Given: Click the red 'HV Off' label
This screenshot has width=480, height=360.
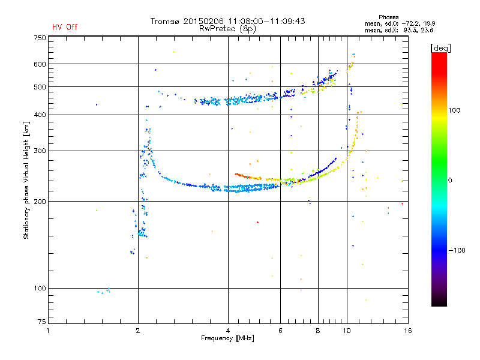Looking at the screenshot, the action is pos(65,27).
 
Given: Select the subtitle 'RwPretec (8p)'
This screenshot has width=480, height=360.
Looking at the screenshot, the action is pos(227,29).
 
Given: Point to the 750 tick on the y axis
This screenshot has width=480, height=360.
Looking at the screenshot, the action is pos(40,38).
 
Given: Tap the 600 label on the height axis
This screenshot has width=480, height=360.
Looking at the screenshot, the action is pos(40,64).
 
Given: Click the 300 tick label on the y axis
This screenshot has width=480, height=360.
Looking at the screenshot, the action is pos(40,151).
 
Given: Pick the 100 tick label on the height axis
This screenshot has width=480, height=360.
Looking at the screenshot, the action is pos(40,289).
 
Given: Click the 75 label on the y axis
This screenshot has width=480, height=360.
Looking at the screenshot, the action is pos(42,322).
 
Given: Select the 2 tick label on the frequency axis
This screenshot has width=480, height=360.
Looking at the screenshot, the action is pos(138,331).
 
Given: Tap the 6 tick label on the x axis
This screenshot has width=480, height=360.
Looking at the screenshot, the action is pos(280,331).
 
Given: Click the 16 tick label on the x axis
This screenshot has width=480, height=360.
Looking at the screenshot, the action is pos(408,331).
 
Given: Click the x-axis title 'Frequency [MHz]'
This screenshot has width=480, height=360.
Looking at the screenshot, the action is pos(227,338).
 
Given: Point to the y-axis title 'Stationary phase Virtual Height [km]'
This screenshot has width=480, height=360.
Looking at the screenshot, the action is pos(26,180).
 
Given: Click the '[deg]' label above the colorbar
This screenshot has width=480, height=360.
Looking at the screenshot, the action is pos(440,49).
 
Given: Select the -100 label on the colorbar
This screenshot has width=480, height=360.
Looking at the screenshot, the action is pos(457,250).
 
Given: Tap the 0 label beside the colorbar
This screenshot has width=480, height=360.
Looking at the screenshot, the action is pos(450,181).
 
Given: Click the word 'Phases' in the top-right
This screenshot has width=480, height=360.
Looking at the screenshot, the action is pos(388,17).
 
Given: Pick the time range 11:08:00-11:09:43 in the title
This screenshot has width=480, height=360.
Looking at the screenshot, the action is pos(266,21).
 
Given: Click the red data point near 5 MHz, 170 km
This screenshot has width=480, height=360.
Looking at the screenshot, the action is pos(258,222).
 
